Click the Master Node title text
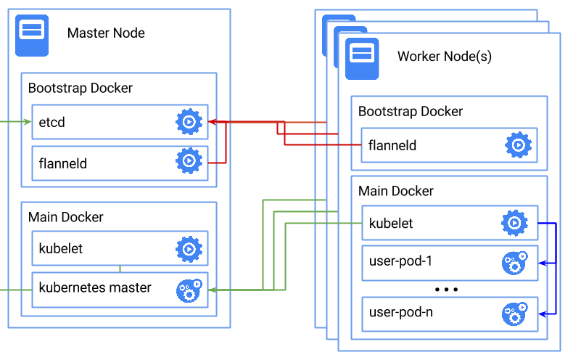106,33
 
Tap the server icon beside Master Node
33,33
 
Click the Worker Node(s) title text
444,57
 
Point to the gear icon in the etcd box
189,122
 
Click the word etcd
52,122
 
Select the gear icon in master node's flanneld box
189,160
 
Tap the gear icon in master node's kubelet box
189,249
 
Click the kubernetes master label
95,287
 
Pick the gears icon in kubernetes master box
189,290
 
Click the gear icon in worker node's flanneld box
518,145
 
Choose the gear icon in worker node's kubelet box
514,223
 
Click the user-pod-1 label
401,261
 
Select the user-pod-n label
401,313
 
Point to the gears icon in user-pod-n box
514,314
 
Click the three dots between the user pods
446,289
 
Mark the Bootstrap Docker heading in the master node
81,89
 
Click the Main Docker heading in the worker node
396,192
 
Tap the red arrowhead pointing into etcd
213,122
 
